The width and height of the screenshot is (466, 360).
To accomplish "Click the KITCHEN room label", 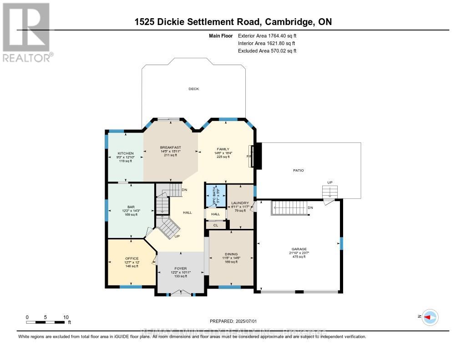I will [x=125, y=153].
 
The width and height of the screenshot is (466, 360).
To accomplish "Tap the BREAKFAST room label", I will [x=171, y=147].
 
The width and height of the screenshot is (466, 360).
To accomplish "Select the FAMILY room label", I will [x=223, y=149].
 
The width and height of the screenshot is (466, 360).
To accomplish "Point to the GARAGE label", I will [x=299, y=249].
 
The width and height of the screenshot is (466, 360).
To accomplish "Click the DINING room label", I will [x=231, y=254].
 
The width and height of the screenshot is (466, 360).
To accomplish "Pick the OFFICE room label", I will [x=132, y=259].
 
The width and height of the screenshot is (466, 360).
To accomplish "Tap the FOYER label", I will [x=181, y=268].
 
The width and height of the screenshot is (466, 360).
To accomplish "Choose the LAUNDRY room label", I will [x=240, y=203].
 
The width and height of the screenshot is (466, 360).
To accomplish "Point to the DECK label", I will [x=194, y=89].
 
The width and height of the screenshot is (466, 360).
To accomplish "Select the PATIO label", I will [x=298, y=170].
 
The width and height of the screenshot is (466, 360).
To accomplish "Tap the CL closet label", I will [x=216, y=225].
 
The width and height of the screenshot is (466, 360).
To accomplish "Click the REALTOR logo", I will [x=26, y=32].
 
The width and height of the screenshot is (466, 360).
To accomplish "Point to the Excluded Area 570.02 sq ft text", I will [x=267, y=51].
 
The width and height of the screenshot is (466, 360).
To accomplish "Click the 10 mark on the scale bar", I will [x=66, y=317].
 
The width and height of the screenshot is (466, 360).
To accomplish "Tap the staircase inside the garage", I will [x=289, y=209].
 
